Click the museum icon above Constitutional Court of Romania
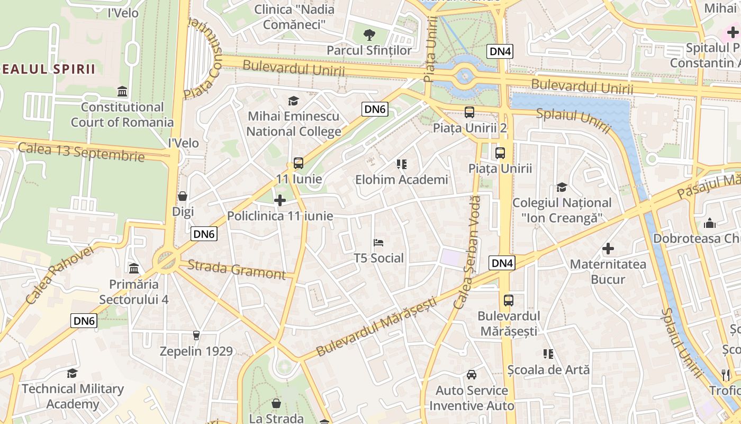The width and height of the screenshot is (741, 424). (122, 92)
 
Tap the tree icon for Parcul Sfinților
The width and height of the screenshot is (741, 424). (369, 35)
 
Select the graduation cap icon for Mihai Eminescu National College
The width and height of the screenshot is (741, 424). (293, 101)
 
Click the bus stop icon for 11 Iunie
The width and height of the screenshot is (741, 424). (299, 163)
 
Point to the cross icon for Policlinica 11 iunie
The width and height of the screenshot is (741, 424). (280, 200)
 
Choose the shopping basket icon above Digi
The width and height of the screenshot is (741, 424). (183, 196)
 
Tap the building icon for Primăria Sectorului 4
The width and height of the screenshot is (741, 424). (133, 268)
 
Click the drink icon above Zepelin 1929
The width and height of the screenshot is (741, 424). (196, 335)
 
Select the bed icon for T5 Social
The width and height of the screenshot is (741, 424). (378, 243)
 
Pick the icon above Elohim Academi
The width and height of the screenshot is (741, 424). (401, 164)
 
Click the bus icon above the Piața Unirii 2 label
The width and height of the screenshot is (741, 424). (469, 112)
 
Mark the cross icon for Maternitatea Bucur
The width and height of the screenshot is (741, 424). (608, 248)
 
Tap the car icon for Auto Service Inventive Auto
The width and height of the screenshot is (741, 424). (471, 375)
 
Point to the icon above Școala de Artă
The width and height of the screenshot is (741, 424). (548, 354)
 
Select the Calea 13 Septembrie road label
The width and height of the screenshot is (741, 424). (81, 152)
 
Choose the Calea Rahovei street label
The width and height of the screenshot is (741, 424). (59, 275)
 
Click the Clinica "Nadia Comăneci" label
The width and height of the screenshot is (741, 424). (294, 17)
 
